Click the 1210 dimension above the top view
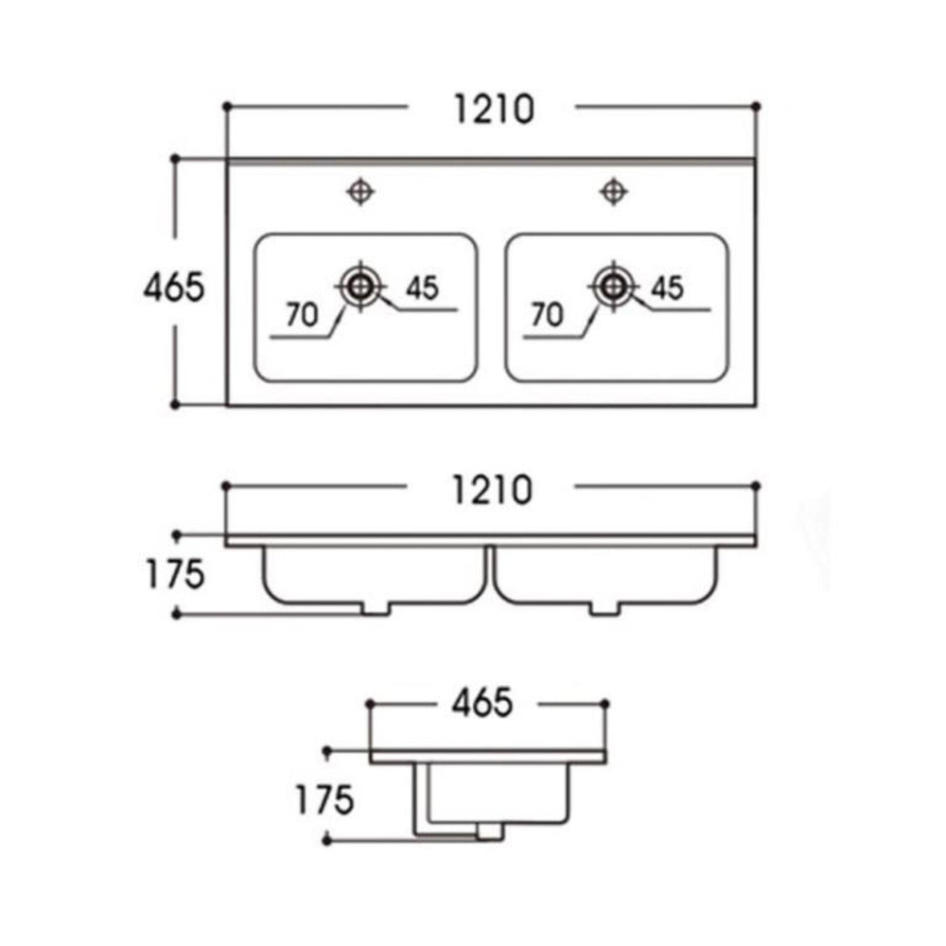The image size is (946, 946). point(494,109)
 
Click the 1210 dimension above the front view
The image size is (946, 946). point(492,489)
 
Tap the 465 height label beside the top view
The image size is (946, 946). point(174,288)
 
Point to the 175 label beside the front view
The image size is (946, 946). point(176,574)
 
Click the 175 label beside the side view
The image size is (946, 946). point(324,800)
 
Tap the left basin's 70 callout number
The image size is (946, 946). point(302,314)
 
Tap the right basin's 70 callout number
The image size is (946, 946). point(547,314)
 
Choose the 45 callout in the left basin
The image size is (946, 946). point(422,288)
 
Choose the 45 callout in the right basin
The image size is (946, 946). point(667,288)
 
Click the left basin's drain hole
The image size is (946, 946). point(360,287)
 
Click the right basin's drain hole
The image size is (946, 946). point(613,287)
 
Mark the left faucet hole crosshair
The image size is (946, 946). point(360,192)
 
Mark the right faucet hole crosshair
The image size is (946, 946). point(614,192)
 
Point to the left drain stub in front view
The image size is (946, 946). point(376,608)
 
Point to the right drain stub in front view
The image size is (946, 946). point(604,608)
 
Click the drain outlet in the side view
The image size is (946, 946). point(489,832)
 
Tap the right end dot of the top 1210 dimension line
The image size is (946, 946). point(757,106)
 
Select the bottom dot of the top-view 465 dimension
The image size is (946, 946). point(175,405)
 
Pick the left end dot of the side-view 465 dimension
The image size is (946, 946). point(370,704)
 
